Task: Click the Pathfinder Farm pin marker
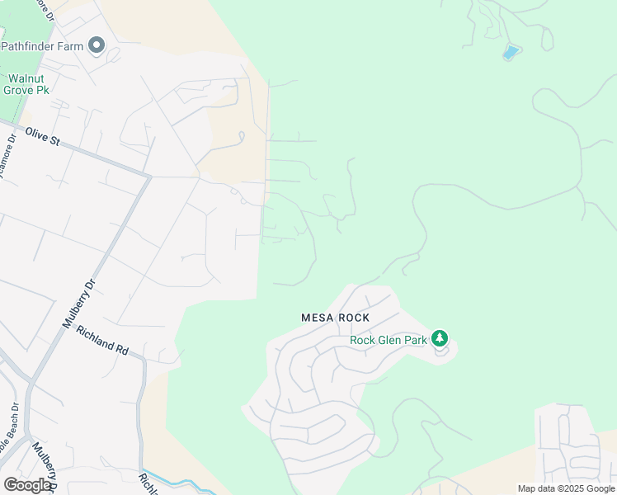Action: click(x=97, y=45)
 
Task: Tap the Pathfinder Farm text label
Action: click(x=42, y=46)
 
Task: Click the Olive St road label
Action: click(x=43, y=136)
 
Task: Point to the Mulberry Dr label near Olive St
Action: click(x=80, y=304)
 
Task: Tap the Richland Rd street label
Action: click(x=102, y=340)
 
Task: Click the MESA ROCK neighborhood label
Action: click(x=335, y=318)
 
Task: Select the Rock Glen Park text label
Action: click(x=388, y=339)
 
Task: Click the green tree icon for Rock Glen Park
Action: click(x=440, y=338)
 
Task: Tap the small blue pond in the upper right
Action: click(x=511, y=53)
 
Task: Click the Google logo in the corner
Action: click(x=27, y=485)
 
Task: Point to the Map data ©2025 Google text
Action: click(x=566, y=488)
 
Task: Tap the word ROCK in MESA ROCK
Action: click(x=353, y=318)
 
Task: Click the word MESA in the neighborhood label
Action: click(x=317, y=318)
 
